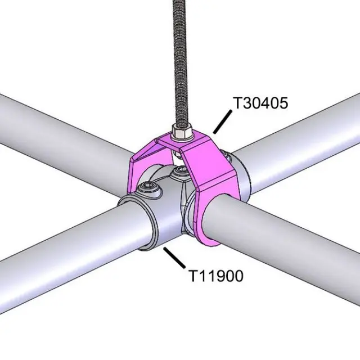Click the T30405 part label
260,103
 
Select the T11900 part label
215,276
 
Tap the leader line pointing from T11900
174,258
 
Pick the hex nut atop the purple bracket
182,134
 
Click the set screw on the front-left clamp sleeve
150,186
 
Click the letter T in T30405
237,103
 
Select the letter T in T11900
192,276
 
